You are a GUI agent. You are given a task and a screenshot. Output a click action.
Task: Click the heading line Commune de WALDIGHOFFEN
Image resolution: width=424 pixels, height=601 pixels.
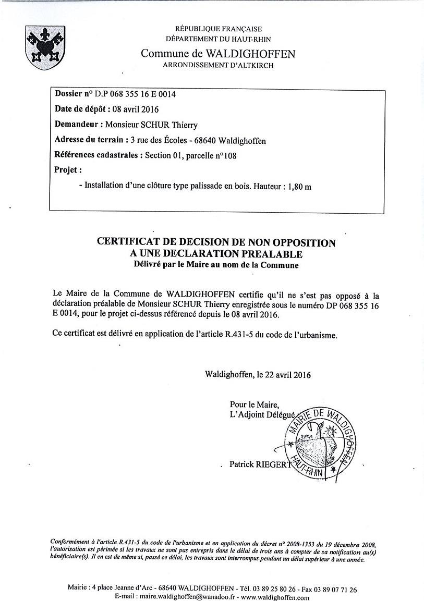pyautogui.click(x=218, y=54)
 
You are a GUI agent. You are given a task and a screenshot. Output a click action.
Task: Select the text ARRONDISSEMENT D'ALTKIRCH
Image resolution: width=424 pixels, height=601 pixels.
pyautogui.click(x=218, y=66)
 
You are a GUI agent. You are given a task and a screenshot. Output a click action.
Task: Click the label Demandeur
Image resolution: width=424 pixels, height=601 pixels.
pyautogui.click(x=77, y=125)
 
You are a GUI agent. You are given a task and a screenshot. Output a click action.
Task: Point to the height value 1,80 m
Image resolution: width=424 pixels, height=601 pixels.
pyautogui.click(x=299, y=186)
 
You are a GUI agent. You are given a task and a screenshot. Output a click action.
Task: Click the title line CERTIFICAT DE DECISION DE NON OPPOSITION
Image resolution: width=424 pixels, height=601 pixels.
pyautogui.click(x=216, y=243)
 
